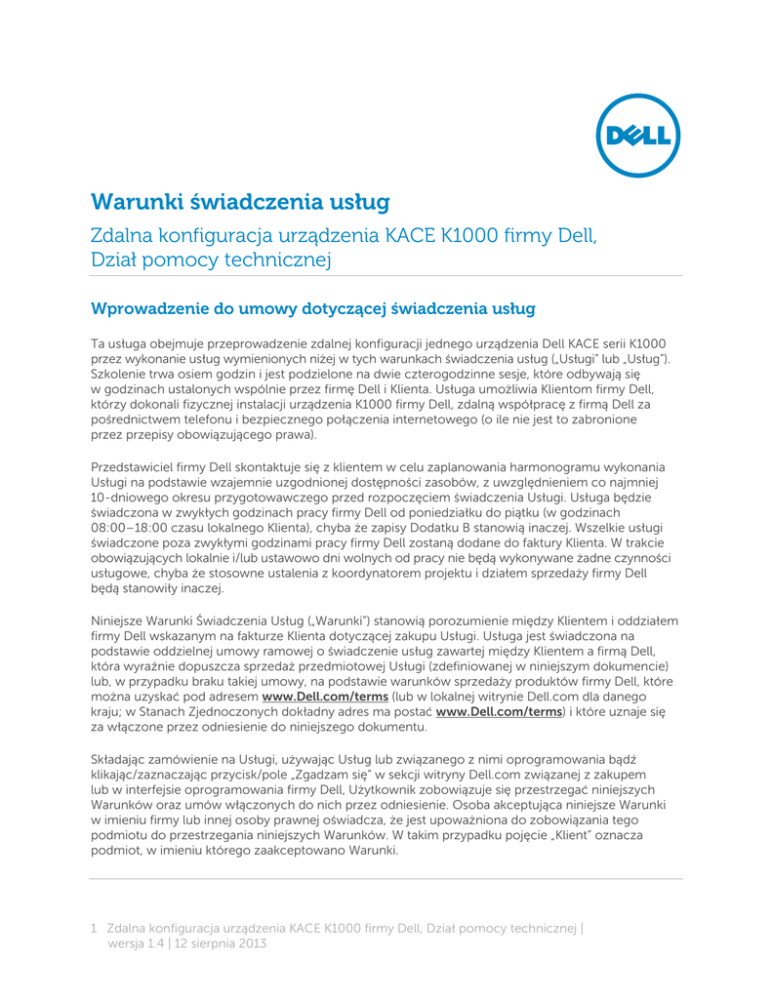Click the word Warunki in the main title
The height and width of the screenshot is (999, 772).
(x=135, y=202)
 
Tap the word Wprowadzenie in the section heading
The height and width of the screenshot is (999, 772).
(x=148, y=309)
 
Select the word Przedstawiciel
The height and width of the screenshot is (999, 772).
(x=133, y=465)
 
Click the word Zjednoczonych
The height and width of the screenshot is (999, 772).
(x=230, y=712)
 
